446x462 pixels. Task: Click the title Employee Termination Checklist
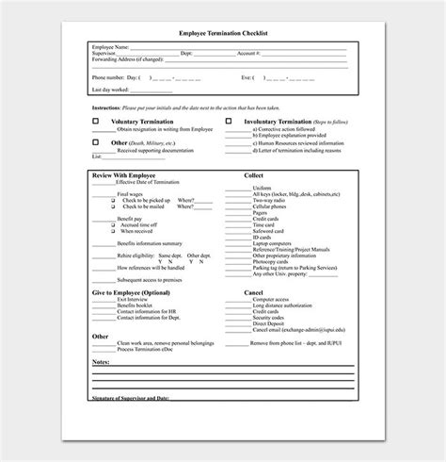[x=223, y=31]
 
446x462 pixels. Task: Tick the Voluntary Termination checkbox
[x=95, y=122]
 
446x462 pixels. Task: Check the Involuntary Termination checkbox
[x=229, y=122]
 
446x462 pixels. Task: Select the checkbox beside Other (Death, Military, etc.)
[x=95, y=142]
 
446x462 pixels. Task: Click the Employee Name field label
[x=111, y=45]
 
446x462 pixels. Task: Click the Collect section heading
[x=253, y=174]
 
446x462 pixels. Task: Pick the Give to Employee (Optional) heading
[x=132, y=292]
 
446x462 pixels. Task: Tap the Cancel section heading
[x=253, y=292]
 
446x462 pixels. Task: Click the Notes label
[x=102, y=360]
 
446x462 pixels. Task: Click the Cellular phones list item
[x=270, y=206]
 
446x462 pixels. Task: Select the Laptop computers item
[x=272, y=245]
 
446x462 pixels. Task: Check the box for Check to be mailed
[x=112, y=206]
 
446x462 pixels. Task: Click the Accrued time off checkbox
[x=112, y=226]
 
